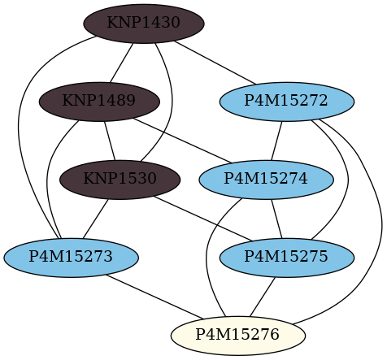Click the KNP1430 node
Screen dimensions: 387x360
click(144, 24)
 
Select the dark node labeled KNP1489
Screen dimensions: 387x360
click(99, 102)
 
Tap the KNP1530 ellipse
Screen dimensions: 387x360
click(120, 180)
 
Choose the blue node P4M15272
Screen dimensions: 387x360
click(287, 102)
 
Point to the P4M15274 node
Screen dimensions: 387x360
click(266, 180)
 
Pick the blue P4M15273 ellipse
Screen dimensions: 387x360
click(71, 258)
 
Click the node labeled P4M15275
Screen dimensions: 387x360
click(287, 258)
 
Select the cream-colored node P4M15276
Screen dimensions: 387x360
click(238, 336)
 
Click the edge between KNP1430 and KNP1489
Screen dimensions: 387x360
click(121, 63)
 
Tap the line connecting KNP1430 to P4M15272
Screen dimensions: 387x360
click(215, 63)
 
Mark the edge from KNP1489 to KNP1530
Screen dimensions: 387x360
click(110, 141)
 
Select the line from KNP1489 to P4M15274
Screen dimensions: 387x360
click(182, 141)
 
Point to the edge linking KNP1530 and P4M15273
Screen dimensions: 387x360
click(96, 219)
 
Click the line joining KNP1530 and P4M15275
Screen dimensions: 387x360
click(202, 219)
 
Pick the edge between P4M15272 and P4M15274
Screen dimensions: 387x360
click(276, 141)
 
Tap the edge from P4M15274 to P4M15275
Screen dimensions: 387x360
click(276, 219)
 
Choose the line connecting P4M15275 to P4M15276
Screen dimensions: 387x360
click(263, 297)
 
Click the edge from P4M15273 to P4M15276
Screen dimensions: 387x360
click(154, 297)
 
